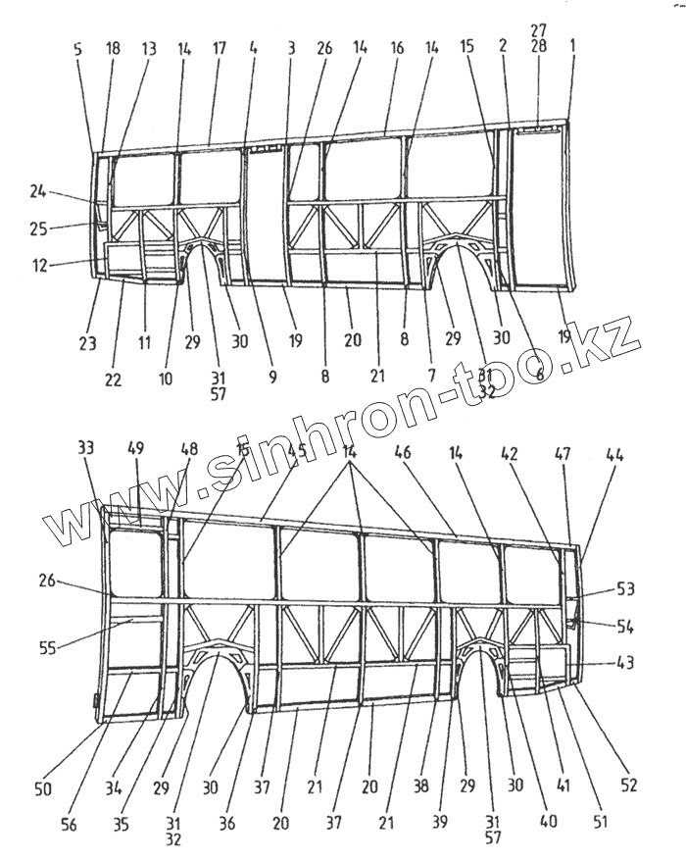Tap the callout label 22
pyautogui.click(x=114, y=380)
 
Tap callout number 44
pyautogui.click(x=614, y=454)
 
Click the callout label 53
pyautogui.click(x=624, y=588)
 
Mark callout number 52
pyautogui.click(x=628, y=784)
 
